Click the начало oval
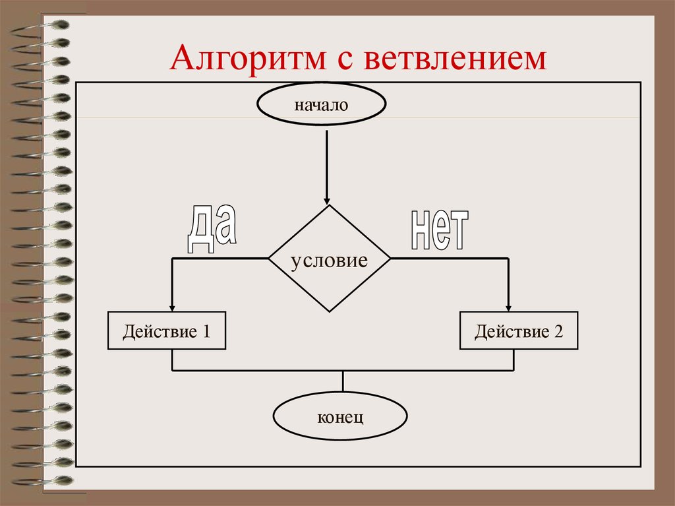pyautogui.click(x=321, y=105)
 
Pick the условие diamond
pyautogui.click(x=329, y=259)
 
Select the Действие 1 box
pyautogui.click(x=166, y=331)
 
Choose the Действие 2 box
pyautogui.click(x=519, y=331)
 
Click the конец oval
pyautogui.click(x=340, y=417)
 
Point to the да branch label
pyautogui.click(x=211, y=229)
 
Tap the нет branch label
pyautogui.click(x=439, y=230)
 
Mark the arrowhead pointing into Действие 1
pyautogui.click(x=173, y=307)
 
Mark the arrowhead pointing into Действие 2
pyautogui.click(x=509, y=307)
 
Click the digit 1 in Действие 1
pyautogui.click(x=206, y=331)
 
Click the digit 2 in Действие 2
pyautogui.click(x=559, y=331)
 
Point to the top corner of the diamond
pyautogui.click(x=328, y=205)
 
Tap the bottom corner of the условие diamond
pyautogui.click(x=329, y=311)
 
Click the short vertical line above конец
pyautogui.click(x=343, y=381)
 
